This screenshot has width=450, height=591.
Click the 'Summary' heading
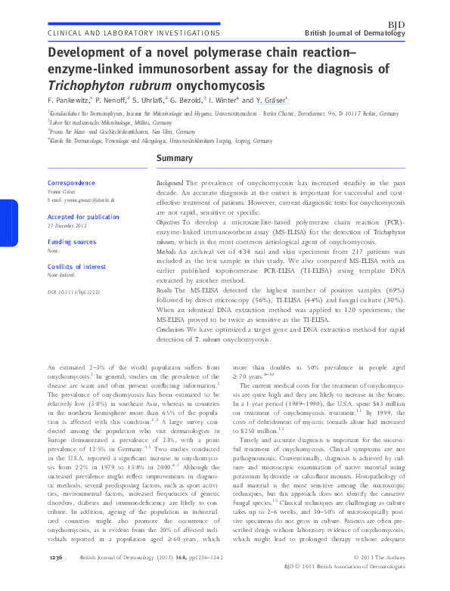(x=174, y=159)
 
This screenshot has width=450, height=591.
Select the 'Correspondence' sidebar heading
(x=71, y=184)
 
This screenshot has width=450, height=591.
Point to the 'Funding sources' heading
(x=72, y=242)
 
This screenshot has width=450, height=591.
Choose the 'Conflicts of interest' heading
(x=76, y=267)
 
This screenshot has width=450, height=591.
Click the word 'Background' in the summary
(x=169, y=184)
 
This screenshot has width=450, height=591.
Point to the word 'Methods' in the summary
(x=166, y=249)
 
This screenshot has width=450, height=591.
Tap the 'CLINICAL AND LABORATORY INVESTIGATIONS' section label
(x=133, y=34)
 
